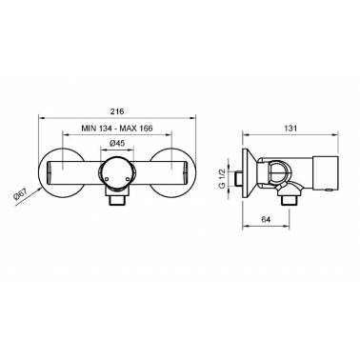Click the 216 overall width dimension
click(117, 111)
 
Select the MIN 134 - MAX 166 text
click(117, 129)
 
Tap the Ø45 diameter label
click(117, 143)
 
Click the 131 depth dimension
click(290, 129)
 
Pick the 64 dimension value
click(266, 219)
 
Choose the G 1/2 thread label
click(222, 179)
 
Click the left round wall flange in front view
click(61, 173)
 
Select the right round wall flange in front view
click(172, 173)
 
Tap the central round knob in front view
click(117, 172)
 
